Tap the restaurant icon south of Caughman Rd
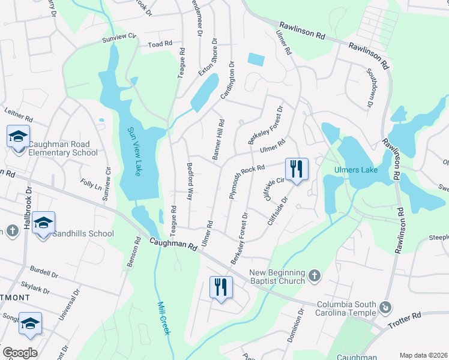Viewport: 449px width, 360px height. pos(221,286)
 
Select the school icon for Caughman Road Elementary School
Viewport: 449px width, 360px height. pos(19,136)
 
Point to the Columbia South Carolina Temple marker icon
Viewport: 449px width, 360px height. pos(385,307)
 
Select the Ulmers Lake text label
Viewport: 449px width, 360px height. pos(356,170)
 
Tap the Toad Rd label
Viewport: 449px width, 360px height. pos(160,44)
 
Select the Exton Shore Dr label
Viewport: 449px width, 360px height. pos(208,58)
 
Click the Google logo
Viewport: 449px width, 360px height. pos(20,353)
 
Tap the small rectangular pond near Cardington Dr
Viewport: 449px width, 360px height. pos(255,59)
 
